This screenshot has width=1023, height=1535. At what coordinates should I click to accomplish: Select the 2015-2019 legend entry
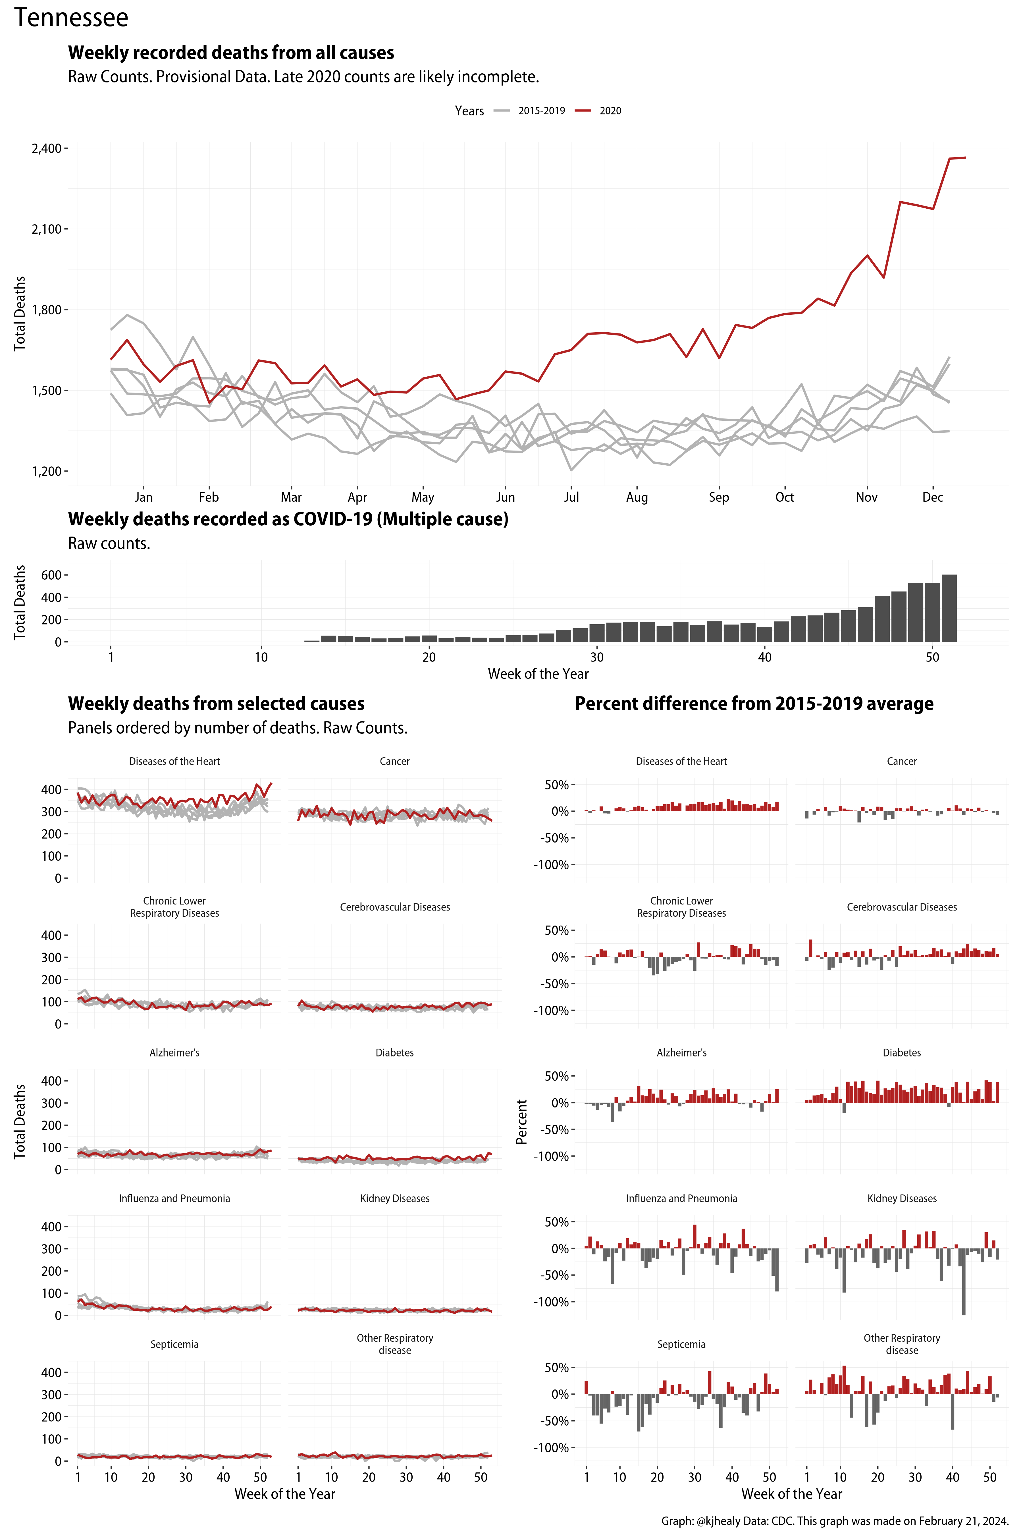pos(541,111)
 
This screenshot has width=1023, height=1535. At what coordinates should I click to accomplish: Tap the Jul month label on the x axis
pos(571,497)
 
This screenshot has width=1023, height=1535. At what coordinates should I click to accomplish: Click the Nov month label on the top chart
pos(866,497)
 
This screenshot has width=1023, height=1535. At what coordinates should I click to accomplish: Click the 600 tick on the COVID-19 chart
pos(51,575)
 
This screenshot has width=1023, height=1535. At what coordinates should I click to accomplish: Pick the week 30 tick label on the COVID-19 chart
pos(596,657)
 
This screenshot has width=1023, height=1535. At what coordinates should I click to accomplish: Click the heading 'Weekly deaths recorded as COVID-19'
pos(288,520)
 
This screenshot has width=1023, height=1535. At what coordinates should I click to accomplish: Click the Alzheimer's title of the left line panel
pos(174,1053)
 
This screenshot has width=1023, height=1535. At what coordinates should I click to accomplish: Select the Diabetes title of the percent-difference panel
pos(902,1053)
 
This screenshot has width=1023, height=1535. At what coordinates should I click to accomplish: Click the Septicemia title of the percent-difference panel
pos(681,1345)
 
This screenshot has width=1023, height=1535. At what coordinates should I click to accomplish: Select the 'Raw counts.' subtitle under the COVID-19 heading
pos(109,544)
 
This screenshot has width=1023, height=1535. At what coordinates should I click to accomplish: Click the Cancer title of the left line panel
pos(395,762)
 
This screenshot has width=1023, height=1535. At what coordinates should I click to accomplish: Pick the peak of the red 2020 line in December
pos(965,157)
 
